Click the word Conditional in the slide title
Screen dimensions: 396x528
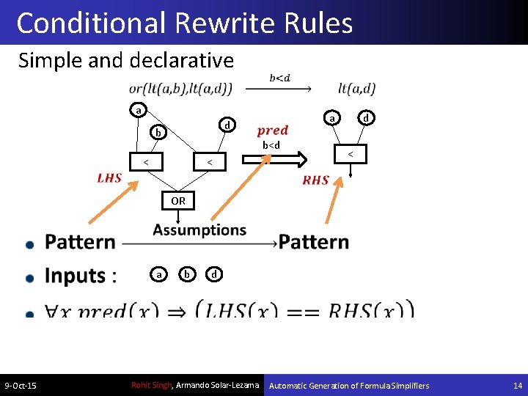(x=92, y=23)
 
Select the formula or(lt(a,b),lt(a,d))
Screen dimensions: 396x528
(x=180, y=89)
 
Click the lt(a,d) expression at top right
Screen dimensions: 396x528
(x=357, y=89)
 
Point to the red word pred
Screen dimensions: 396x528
(x=273, y=131)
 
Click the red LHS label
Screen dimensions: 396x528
(x=109, y=178)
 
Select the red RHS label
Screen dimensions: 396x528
(x=315, y=180)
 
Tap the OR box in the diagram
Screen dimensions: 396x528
(x=178, y=200)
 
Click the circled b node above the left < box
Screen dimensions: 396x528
(x=158, y=133)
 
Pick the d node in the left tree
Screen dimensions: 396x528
(x=227, y=125)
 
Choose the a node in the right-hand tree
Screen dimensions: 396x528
(x=331, y=117)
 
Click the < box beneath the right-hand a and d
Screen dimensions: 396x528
(x=351, y=154)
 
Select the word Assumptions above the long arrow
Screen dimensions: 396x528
(x=199, y=230)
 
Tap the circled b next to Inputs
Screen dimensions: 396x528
(x=188, y=274)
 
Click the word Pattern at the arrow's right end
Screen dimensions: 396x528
(x=314, y=242)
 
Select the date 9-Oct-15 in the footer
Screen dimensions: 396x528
(x=21, y=386)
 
